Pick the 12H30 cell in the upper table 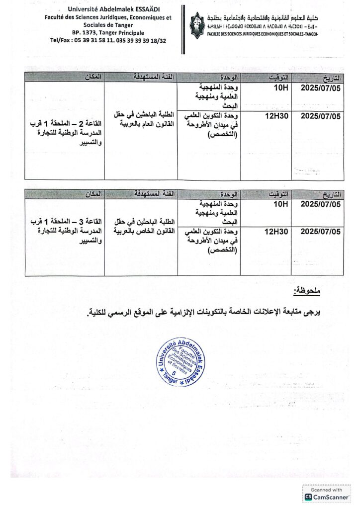click(x=274, y=116)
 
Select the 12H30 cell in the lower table click(x=274, y=231)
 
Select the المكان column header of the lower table click(x=93, y=192)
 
